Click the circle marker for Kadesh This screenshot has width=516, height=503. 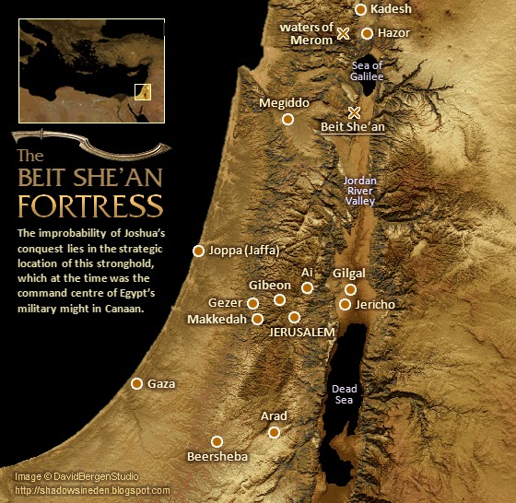(x=360, y=10)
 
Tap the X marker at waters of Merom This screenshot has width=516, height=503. (x=343, y=33)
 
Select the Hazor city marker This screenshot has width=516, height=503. (x=367, y=33)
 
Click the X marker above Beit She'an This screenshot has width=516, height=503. (x=355, y=111)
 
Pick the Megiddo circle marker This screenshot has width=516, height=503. (x=287, y=119)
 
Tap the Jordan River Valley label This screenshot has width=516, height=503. (x=359, y=191)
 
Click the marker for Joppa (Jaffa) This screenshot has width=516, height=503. (x=197, y=251)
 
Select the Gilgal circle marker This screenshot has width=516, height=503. (x=350, y=289)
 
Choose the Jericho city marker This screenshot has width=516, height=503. (x=345, y=304)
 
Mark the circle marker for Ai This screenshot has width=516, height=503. (x=307, y=287)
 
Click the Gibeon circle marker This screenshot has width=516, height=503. (x=279, y=299)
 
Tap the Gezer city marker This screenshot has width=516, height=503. (x=252, y=303)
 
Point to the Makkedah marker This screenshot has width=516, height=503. (x=258, y=319)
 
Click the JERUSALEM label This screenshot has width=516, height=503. (x=302, y=332)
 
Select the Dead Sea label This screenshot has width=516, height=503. (x=344, y=394)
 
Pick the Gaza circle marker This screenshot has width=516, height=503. (x=137, y=383)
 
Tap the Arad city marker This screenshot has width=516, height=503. (x=274, y=431)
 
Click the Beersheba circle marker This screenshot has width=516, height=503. (x=217, y=441)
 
